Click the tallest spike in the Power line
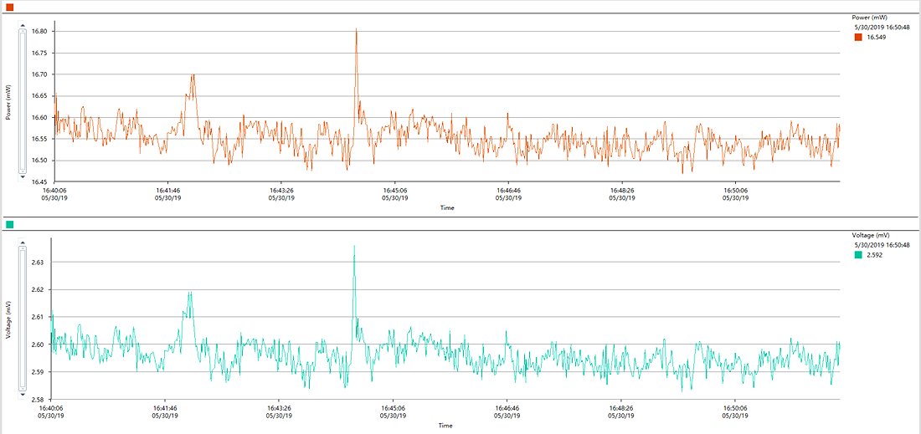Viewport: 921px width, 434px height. click(x=356, y=28)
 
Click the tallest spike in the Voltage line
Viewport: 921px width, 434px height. click(x=354, y=247)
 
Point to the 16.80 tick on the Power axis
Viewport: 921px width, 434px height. click(x=40, y=31)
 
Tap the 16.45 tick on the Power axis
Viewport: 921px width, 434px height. click(x=40, y=181)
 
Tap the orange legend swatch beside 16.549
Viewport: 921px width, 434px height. click(x=858, y=37)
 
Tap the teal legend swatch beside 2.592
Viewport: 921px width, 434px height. click(x=858, y=255)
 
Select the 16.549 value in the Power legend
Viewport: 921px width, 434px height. click(x=877, y=37)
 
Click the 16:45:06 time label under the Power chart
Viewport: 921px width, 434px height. click(x=394, y=191)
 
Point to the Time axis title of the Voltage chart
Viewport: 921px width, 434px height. click(x=445, y=425)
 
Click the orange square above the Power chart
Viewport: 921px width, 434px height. click(x=9, y=7)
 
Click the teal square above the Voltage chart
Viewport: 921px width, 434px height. click(x=9, y=224)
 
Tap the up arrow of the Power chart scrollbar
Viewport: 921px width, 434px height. click(x=23, y=25)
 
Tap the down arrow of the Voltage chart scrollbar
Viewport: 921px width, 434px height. click(x=23, y=394)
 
